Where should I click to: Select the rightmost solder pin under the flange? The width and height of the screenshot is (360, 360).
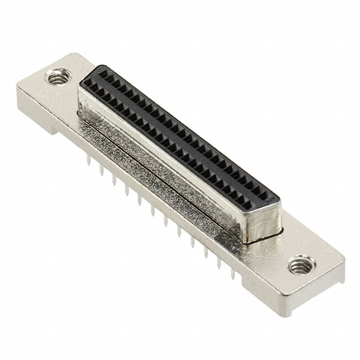pos(232,274)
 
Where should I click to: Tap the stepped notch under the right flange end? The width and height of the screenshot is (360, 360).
pos(292,307)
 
